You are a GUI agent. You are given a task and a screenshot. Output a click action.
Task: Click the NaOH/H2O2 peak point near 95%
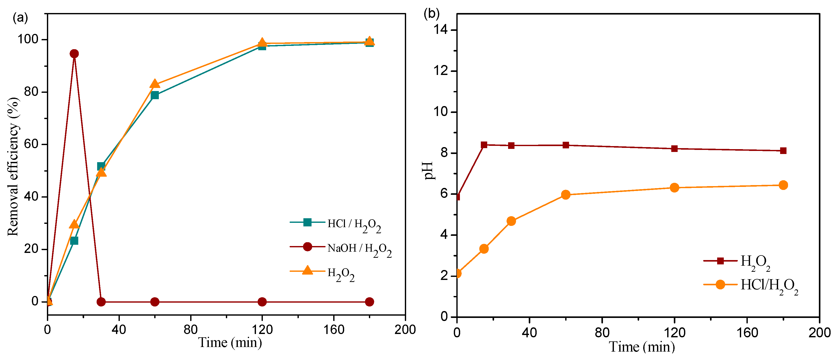pos(74,54)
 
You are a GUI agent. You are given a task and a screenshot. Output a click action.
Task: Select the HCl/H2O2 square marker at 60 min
pos(155,95)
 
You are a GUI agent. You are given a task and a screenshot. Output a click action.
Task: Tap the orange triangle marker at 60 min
pos(155,84)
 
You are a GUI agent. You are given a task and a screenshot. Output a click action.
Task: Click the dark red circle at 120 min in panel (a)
pos(262,302)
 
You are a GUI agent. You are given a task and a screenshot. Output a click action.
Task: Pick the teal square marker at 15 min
pos(74,241)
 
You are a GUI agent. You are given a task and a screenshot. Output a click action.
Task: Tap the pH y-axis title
pos(429,171)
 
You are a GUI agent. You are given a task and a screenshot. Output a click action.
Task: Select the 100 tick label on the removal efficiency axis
pos(28,39)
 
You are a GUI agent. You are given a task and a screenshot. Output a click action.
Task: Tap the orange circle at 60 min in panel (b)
pos(566,195)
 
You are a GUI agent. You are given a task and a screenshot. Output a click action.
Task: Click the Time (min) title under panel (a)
pos(230,342)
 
